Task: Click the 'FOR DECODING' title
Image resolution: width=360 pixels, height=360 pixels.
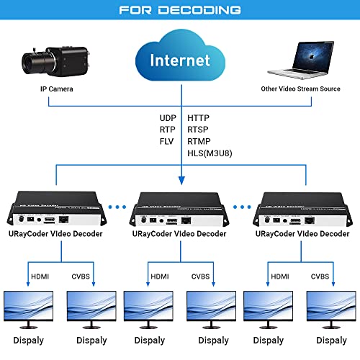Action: (x=180, y=12)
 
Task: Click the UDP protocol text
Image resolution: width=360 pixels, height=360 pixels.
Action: (x=168, y=117)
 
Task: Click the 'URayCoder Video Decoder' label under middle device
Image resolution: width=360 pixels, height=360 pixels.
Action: (x=179, y=234)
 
